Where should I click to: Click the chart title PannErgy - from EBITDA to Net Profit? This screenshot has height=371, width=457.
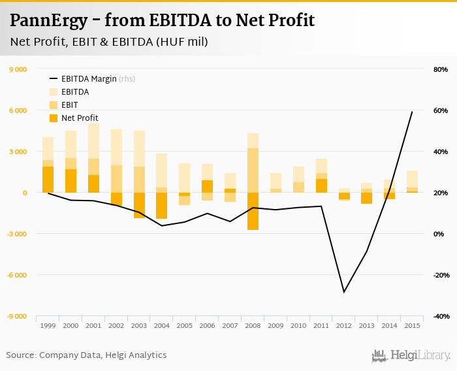point(162,20)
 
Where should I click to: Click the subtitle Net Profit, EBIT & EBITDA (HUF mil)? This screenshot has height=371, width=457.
point(108,42)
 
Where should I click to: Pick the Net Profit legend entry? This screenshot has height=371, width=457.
point(80,118)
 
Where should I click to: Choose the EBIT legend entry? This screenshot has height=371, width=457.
point(70,105)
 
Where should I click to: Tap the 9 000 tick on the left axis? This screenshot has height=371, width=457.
point(17,69)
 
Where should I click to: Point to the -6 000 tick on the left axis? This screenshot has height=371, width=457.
point(17,275)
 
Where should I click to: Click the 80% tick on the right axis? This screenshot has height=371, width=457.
point(439,69)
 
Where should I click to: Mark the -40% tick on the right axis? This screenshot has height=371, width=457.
point(439,316)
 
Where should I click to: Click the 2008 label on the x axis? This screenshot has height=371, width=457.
point(253,325)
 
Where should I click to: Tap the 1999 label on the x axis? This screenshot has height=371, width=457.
point(48,325)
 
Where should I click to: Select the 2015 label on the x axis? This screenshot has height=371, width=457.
point(412,325)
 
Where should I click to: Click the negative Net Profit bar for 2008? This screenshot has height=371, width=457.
point(253,211)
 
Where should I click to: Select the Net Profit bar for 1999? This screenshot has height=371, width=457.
point(48,180)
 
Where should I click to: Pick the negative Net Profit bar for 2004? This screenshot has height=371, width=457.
point(161,206)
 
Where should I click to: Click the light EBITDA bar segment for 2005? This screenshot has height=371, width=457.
point(184,178)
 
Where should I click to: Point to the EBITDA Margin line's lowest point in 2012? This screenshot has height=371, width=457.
point(344,292)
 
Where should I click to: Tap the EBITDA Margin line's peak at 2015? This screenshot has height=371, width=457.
point(412,112)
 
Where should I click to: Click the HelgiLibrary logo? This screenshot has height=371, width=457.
point(411,355)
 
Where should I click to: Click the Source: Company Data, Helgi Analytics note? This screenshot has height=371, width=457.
point(86,355)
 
